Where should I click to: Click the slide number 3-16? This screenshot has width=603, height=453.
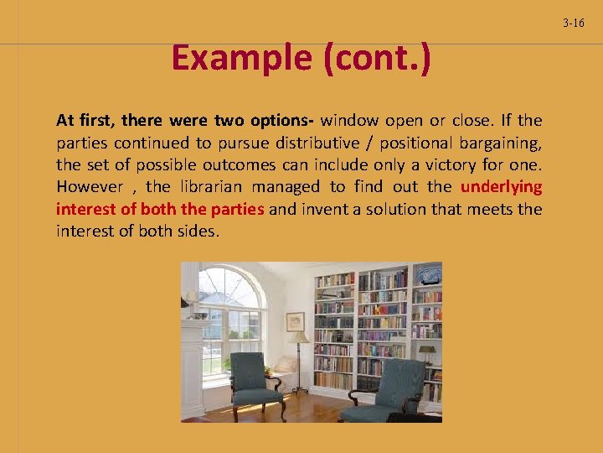click(574, 23)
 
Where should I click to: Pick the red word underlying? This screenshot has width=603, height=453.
click(501, 186)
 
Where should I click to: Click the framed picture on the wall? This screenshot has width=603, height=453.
click(295, 320)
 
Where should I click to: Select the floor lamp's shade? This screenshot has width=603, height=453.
click(300, 337)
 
